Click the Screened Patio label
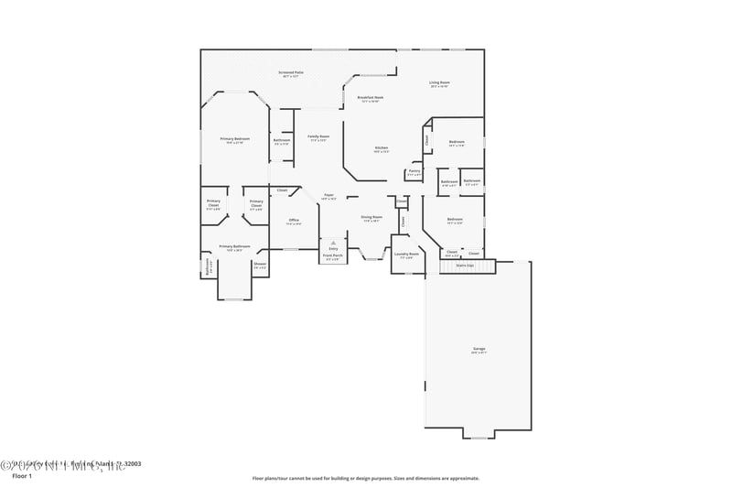pos(292,72)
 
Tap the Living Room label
pos(439,83)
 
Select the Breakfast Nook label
pos(371,97)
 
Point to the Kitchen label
pos(382,150)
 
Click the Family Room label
pos(318,137)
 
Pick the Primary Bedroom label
pos(235,140)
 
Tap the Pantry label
pos(414,171)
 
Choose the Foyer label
pos(329,196)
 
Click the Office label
pos(294,221)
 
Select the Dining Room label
pos(372,219)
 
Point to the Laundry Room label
pos(407,255)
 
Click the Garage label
pos(479,350)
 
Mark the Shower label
pos(260,266)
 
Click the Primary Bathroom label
pos(235,247)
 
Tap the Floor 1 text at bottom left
pos(21,476)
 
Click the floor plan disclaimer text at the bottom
pos(365,477)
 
